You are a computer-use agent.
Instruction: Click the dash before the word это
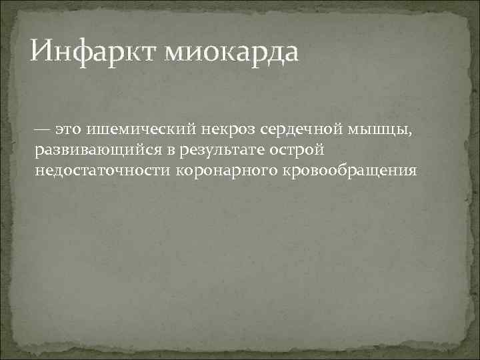coord(43,127)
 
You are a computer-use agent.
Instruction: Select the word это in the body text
coord(69,127)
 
